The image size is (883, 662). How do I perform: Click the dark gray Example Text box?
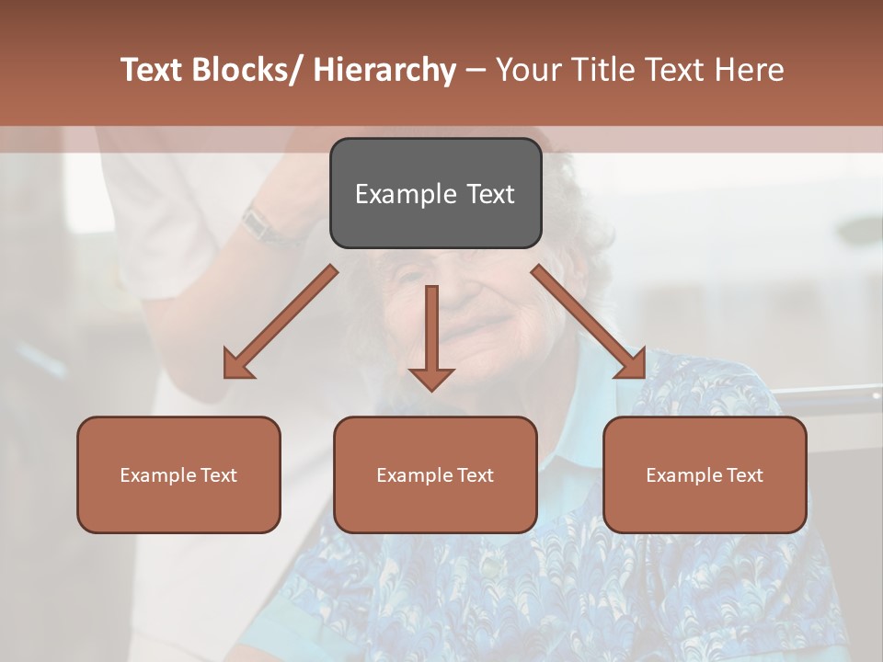coord(435,193)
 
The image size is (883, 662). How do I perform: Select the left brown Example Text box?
coord(178,474)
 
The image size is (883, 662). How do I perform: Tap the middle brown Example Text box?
coord(435,474)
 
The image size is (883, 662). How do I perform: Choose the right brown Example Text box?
coord(705,474)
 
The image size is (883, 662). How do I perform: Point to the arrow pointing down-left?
coord(280,323)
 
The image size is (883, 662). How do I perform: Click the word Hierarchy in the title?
coord(384,70)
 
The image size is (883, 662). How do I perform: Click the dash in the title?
coord(476,70)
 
